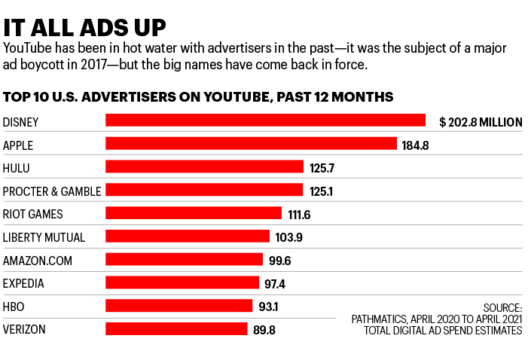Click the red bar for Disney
(266, 121)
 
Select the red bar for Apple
(251, 144)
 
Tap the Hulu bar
(204, 167)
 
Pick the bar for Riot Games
(194, 214)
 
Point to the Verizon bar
(176, 329)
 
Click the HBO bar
(179, 306)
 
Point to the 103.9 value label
(290, 237)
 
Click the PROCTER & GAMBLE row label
(52, 191)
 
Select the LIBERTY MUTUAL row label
(44, 237)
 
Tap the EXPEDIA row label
(24, 283)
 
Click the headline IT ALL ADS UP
(85, 26)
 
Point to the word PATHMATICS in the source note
(381, 319)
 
